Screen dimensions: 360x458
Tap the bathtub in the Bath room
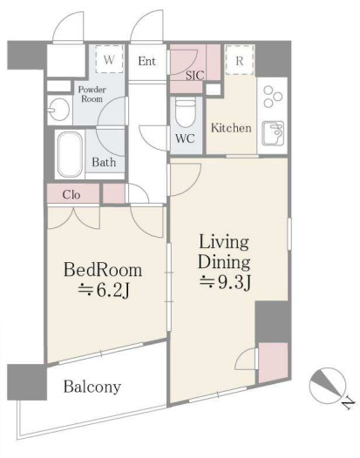(x=70, y=154)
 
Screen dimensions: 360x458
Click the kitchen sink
(x=273, y=133)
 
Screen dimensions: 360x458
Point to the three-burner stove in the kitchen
(x=273, y=96)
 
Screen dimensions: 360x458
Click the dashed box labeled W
(x=109, y=59)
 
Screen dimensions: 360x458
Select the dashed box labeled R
(x=240, y=60)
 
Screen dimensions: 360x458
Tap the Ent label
(x=146, y=61)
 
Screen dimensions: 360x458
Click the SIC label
(x=194, y=76)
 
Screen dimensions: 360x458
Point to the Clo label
(x=71, y=194)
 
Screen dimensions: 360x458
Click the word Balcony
(x=92, y=387)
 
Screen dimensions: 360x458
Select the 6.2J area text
(x=104, y=290)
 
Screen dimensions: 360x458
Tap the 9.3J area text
(x=225, y=282)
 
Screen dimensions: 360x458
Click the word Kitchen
(x=231, y=128)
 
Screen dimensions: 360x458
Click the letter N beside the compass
(x=349, y=404)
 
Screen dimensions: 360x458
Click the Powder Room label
(x=92, y=94)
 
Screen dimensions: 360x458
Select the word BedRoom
(x=103, y=270)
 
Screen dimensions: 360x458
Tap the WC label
(x=185, y=138)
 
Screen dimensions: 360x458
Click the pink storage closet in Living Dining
(x=273, y=363)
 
